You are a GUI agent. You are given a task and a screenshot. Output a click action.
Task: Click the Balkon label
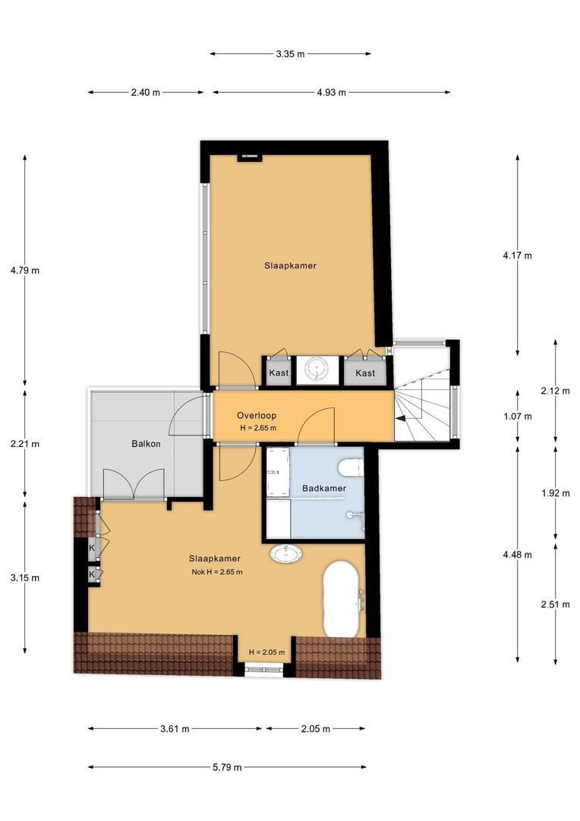pos(146,443)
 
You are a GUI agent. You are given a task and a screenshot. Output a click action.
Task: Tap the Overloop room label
pos(257,415)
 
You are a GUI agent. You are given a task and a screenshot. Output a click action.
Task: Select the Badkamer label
pos(324,488)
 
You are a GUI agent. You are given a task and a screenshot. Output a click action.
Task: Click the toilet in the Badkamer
pos(351,468)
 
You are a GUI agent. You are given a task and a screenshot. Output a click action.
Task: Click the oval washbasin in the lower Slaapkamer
pos(285,553)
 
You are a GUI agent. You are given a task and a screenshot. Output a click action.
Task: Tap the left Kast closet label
pos(279,372)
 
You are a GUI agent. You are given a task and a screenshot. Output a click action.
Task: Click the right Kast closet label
pos(365,372)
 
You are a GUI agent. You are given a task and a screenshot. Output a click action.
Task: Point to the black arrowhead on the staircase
pos(400,418)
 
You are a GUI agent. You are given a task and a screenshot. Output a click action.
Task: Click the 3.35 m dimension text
pos(290,53)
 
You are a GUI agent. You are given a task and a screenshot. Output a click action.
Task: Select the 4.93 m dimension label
pos(331,92)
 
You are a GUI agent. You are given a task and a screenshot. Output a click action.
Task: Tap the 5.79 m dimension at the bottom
pos(227,767)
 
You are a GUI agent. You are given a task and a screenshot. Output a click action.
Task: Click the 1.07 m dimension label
pos(517,417)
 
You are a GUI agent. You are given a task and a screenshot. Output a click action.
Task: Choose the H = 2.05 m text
pos(266,652)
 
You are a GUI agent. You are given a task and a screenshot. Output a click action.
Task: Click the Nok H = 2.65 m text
pos(217,572)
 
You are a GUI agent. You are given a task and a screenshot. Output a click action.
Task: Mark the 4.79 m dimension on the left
pos(24,270)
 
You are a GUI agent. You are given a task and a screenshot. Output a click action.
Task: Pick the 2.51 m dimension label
pos(556,604)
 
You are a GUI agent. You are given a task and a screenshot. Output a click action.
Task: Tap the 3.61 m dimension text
pos(175,728)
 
